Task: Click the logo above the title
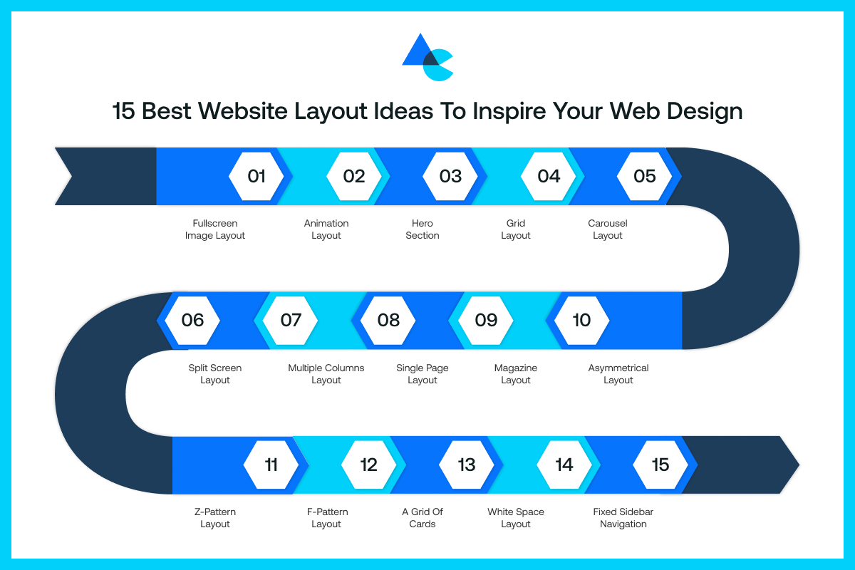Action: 427,57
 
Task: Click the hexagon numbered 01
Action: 256,176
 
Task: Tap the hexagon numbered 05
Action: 644,176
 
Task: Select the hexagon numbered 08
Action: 388,320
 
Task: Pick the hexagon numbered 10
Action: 581,320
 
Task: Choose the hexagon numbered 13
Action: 466,465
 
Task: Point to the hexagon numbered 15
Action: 660,465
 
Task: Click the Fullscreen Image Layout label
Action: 215,229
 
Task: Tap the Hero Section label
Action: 423,229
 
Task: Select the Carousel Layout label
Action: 608,229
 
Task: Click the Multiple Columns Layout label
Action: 326,374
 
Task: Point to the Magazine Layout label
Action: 516,374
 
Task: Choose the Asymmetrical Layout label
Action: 618,374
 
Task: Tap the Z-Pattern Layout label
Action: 215,518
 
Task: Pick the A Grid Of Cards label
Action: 423,518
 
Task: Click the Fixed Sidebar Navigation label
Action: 623,518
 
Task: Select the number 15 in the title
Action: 123,112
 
